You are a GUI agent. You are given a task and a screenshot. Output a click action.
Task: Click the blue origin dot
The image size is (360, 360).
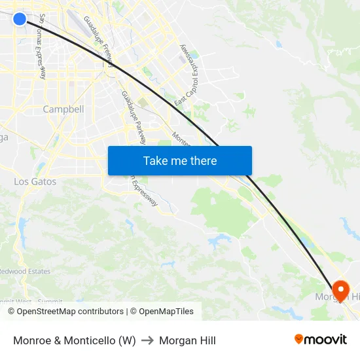[20, 19]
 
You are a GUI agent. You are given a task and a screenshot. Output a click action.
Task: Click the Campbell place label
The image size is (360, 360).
[63, 109]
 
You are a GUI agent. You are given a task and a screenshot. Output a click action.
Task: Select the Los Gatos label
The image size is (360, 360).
[35, 181]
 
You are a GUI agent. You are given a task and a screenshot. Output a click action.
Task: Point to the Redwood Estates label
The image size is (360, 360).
[25, 271]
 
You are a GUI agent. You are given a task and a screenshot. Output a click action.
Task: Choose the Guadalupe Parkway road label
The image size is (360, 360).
[134, 118]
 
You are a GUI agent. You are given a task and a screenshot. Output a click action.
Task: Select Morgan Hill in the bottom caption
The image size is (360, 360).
[187, 340]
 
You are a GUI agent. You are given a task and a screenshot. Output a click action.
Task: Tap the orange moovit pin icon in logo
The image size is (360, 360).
[299, 339]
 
